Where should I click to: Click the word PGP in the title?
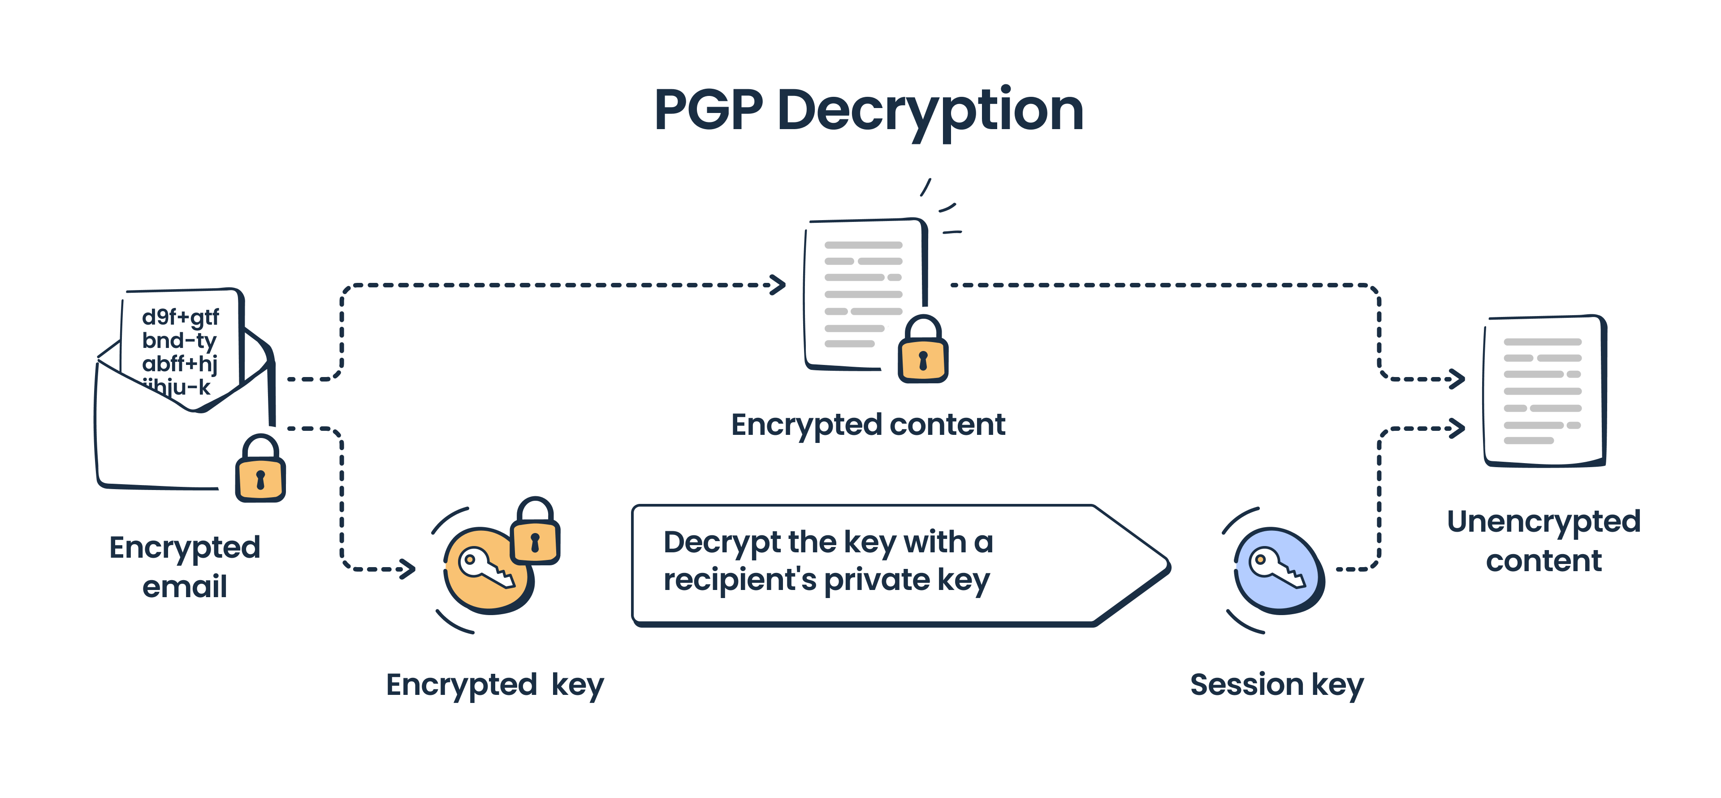point(708,110)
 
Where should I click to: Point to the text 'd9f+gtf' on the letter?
point(180,317)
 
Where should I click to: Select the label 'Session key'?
point(1277,685)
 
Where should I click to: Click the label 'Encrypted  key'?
point(494,685)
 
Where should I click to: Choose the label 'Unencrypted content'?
point(1543,541)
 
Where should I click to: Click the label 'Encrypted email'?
point(184,566)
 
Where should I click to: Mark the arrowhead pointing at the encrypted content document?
point(778,285)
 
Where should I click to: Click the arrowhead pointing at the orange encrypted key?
point(407,569)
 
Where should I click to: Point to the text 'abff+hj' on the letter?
point(179,364)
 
